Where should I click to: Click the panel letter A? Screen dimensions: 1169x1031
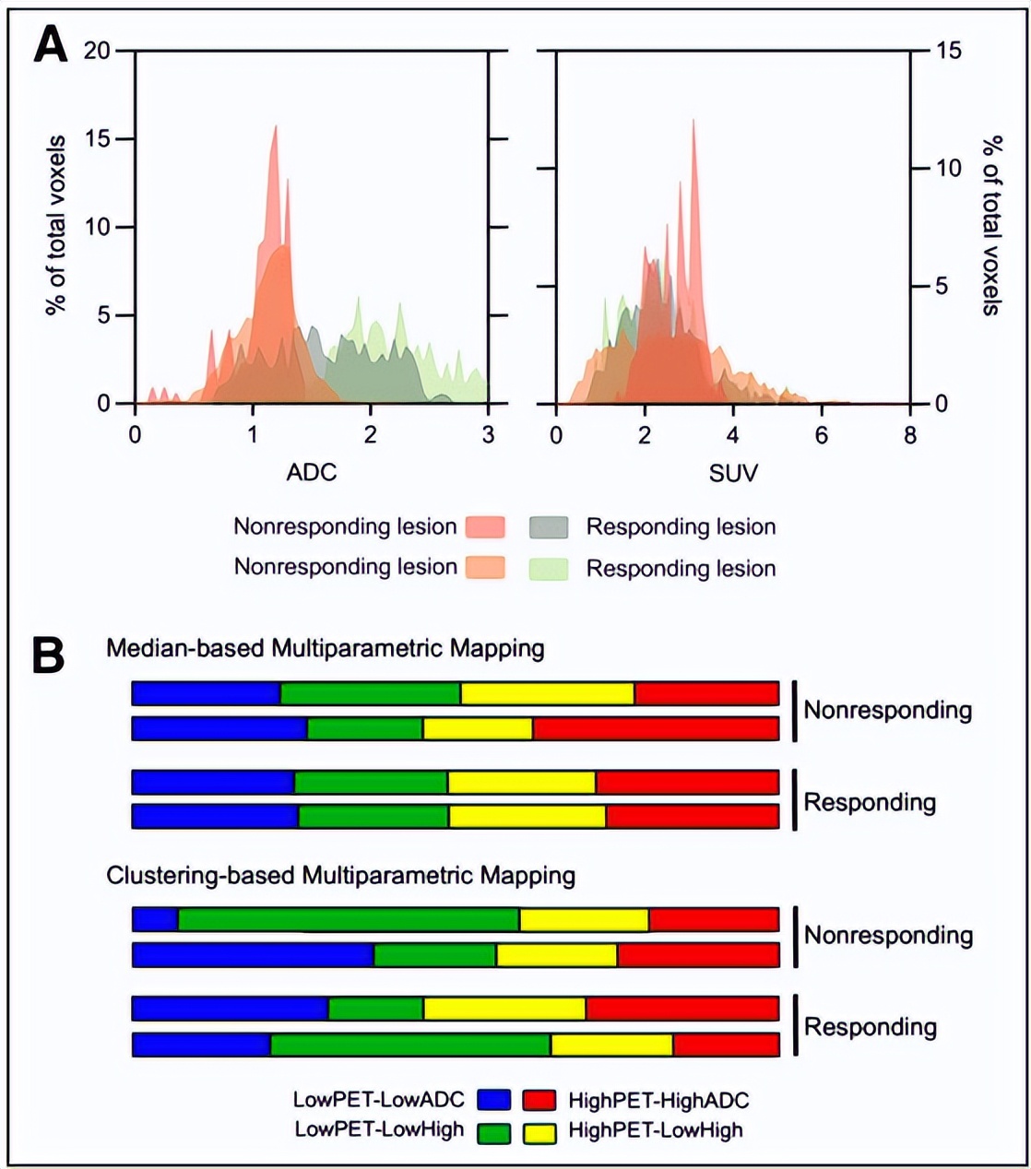tap(50, 44)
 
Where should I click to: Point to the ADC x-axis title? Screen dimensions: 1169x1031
tap(312, 473)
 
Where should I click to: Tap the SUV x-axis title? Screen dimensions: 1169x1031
tap(734, 473)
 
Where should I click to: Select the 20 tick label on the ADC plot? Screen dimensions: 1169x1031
tap(98, 51)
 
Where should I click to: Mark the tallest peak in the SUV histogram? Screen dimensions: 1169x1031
tap(693, 122)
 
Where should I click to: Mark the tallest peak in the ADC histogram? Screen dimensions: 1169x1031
tap(275, 127)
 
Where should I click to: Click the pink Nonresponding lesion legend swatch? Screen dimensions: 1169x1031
tap(485, 527)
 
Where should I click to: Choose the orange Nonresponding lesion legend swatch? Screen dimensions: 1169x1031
tap(485, 567)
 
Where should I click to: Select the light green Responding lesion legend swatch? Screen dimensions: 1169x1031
tap(548, 568)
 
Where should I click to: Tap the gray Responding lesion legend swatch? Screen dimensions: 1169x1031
tap(548, 527)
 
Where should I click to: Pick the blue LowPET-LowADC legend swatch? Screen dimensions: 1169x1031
tap(494, 1100)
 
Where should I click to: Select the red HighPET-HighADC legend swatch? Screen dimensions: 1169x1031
tap(539, 1100)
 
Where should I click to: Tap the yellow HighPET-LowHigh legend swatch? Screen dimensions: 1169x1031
tap(539, 1132)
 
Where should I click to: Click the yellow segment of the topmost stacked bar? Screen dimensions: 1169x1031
tap(547, 693)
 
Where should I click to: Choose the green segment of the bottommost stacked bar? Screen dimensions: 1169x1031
tap(410, 1045)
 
